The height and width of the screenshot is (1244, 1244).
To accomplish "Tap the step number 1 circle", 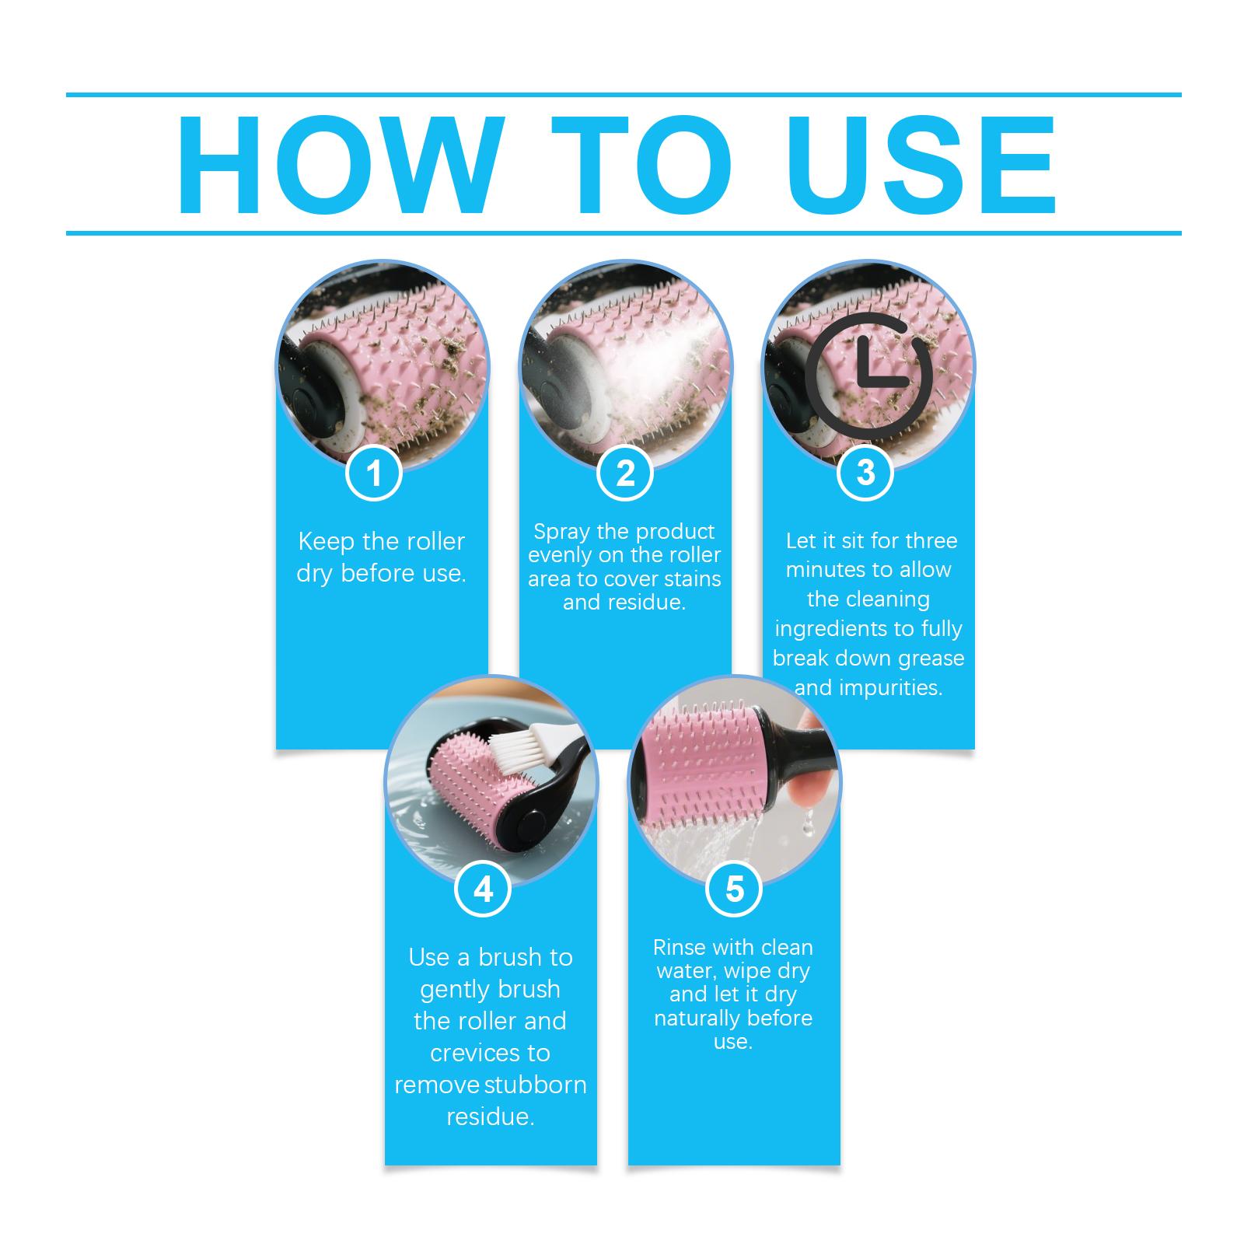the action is (x=374, y=473).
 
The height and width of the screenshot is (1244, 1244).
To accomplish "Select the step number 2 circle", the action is (x=625, y=473).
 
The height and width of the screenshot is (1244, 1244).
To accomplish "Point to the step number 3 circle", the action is (x=865, y=473).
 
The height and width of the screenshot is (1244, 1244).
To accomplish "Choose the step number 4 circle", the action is (x=483, y=889).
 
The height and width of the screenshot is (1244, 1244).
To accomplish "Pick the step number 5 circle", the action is (x=734, y=889).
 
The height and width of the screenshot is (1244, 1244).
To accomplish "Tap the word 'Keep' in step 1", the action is (x=326, y=541).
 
